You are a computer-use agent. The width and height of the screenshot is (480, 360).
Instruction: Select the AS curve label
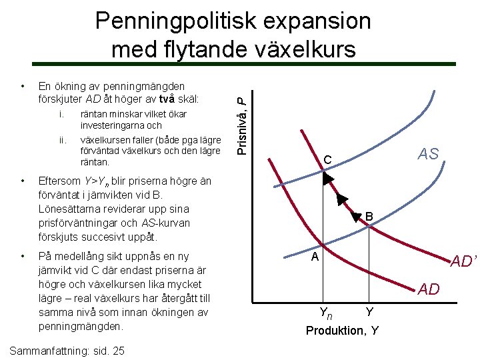428,154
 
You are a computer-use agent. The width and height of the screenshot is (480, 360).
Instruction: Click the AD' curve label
464,261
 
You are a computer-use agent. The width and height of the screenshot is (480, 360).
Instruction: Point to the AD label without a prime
429,289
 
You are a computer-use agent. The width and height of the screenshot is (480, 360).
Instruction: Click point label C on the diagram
327,160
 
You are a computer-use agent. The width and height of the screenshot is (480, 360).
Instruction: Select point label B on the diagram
369,217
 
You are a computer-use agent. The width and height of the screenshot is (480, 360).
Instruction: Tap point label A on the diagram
317,257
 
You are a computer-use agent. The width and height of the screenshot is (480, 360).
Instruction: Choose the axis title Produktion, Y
342,331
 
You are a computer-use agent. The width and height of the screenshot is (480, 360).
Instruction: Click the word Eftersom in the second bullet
59,181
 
